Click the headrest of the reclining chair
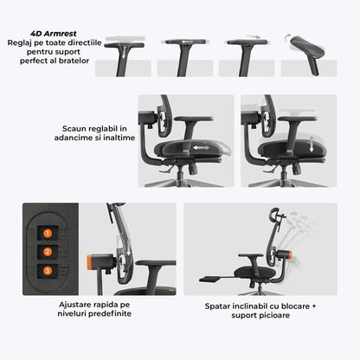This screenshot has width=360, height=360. (277, 218)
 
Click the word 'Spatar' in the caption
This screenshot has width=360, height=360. (218, 305)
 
